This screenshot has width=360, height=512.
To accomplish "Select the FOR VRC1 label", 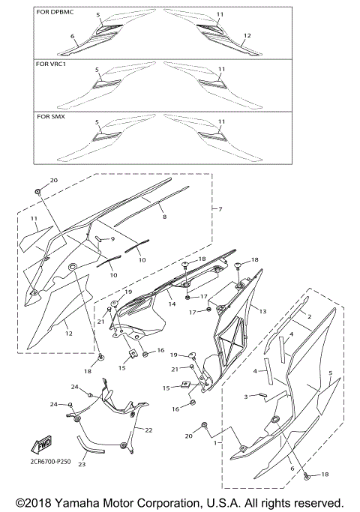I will point(51,64).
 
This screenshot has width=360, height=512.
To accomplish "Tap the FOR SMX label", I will point(50,116).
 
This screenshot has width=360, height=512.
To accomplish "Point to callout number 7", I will point(220,208).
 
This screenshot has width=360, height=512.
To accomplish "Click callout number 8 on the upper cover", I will point(164,216).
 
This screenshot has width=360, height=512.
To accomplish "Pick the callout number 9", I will point(113,238).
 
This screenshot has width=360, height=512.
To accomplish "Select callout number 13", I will point(262,311).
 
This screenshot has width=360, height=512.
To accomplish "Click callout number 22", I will point(148,430).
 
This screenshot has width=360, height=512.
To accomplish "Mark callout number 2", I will point(307,317).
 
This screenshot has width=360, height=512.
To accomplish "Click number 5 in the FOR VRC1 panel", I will point(97,69).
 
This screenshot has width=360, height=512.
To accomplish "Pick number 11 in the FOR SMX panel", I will point(220,121).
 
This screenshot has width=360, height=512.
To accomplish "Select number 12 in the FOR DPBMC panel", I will point(247,35).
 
